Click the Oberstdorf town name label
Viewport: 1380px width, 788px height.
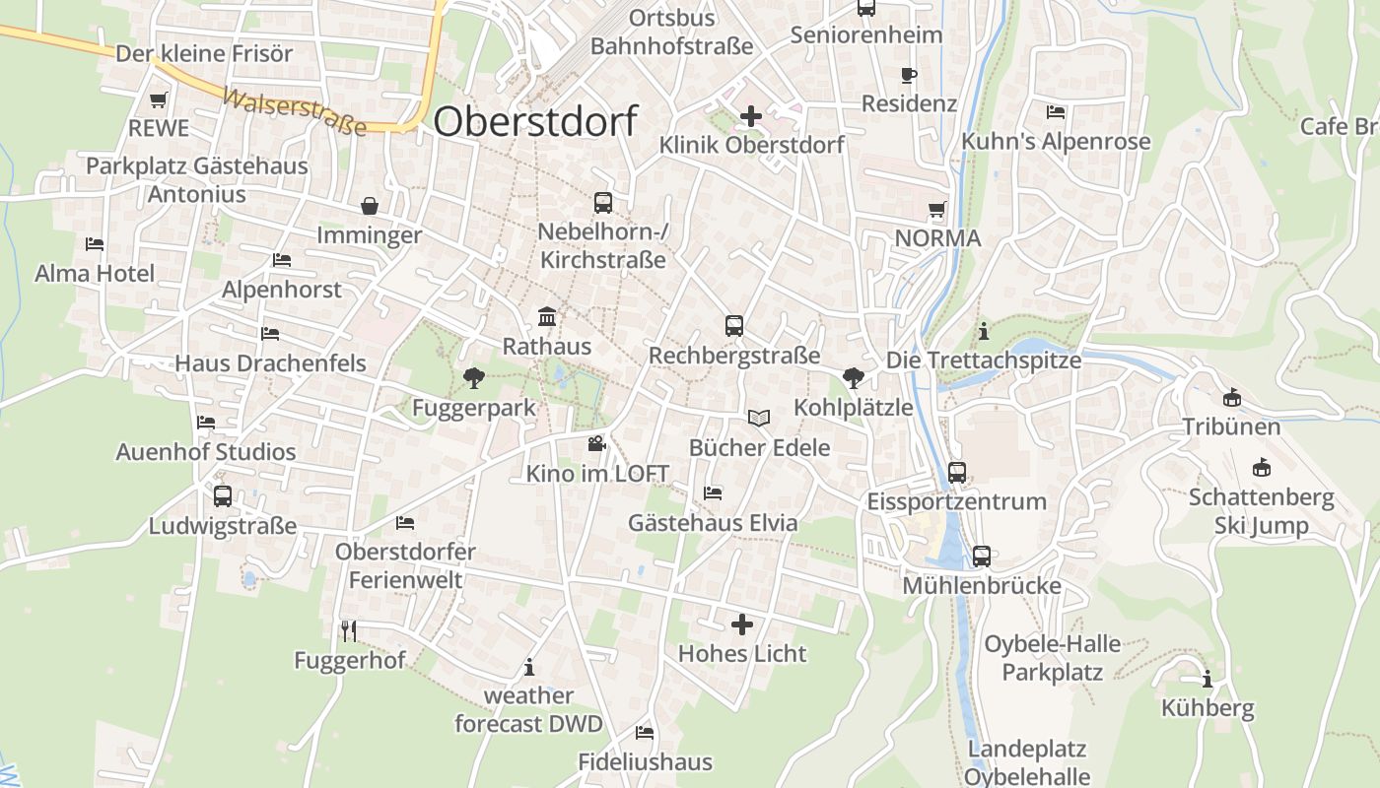pyautogui.click(x=535, y=121)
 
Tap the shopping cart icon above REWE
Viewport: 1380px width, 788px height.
pyautogui.click(x=158, y=99)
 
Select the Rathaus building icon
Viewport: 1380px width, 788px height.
pyautogui.click(x=547, y=317)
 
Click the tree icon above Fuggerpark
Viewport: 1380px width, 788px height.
pyautogui.click(x=474, y=377)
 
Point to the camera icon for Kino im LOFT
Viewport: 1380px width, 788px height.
pyautogui.click(x=596, y=444)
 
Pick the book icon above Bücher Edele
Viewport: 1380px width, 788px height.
pyautogui.click(x=758, y=419)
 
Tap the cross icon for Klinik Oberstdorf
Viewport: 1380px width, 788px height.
pyautogui.click(x=751, y=116)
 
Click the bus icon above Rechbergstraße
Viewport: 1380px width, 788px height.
pyautogui.click(x=733, y=326)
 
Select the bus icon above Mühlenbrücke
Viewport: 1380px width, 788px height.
pyautogui.click(x=982, y=557)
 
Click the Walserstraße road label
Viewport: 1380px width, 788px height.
pyautogui.click(x=294, y=112)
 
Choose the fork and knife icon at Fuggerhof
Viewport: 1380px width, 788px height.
pyautogui.click(x=348, y=630)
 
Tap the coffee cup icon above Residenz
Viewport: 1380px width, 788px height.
pyautogui.click(x=909, y=75)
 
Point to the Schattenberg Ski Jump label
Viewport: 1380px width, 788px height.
pyautogui.click(x=1261, y=511)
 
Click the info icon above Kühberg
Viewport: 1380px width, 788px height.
pyautogui.click(x=1207, y=679)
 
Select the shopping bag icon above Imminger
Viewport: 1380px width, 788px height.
pyautogui.click(x=370, y=206)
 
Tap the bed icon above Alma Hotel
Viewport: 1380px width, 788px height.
pyautogui.click(x=95, y=243)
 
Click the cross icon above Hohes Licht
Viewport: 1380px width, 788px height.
pyautogui.click(x=742, y=624)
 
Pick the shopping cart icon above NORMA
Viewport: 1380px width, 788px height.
pyautogui.click(x=936, y=209)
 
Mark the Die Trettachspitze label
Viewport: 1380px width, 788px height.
pyautogui.click(x=983, y=361)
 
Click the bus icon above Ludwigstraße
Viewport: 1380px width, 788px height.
pyautogui.click(x=223, y=496)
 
